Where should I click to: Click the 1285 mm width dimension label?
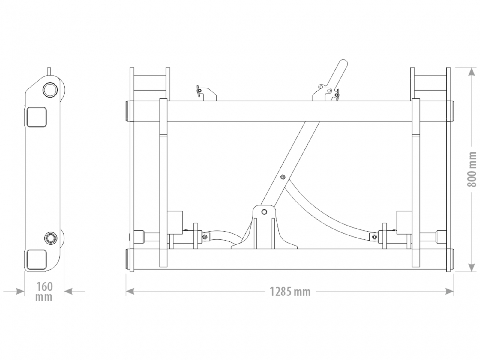pos(290,292)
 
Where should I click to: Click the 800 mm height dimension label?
pos(472,169)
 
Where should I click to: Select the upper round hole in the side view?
pos(50,90)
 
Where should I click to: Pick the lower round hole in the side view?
pos(51,238)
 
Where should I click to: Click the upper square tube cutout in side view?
pos(37,117)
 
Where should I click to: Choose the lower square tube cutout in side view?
pos(37,259)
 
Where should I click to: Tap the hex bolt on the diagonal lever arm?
pos(283,177)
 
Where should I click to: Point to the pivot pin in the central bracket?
pos(264,212)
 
